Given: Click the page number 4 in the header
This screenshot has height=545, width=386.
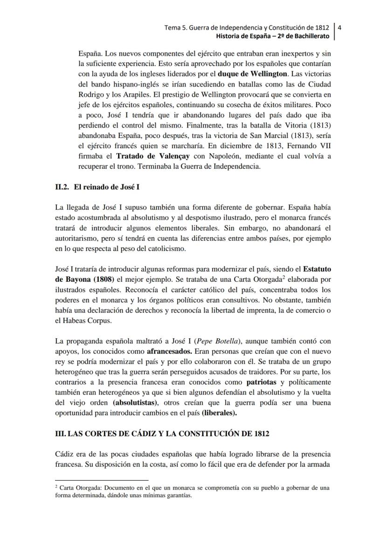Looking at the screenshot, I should [339, 27].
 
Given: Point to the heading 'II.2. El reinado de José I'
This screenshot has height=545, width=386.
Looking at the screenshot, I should [97, 187].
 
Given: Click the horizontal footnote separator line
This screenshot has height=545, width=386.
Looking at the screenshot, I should [101, 480].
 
